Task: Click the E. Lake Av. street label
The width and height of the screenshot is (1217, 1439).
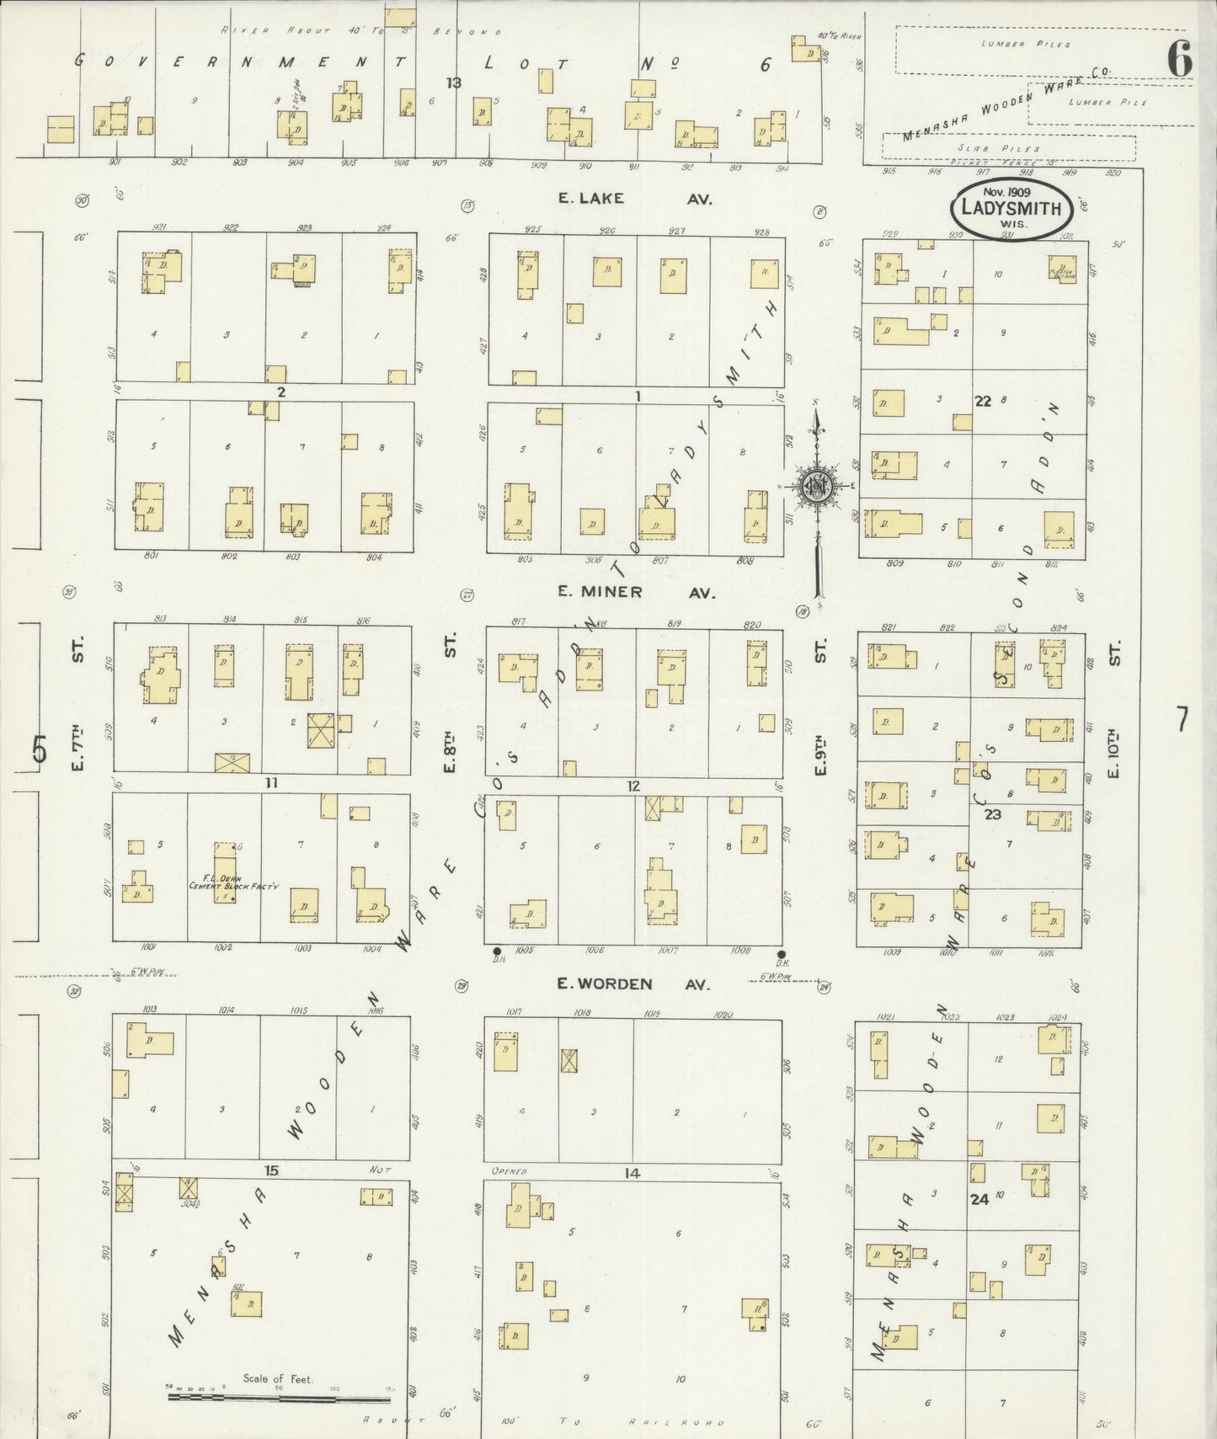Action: pyautogui.click(x=636, y=199)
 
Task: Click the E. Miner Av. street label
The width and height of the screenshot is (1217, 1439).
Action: pyautogui.click(x=636, y=592)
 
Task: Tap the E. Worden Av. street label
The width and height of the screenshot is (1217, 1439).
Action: pyautogui.click(x=633, y=983)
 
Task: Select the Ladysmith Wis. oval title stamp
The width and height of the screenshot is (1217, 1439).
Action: pyautogui.click(x=1011, y=208)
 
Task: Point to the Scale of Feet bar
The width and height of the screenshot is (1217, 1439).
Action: pyautogui.click(x=279, y=1399)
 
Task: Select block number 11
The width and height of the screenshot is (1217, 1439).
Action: pyautogui.click(x=271, y=783)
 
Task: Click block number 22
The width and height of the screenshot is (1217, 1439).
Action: pyautogui.click(x=982, y=402)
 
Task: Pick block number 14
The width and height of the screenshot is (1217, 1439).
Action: pyautogui.click(x=632, y=1173)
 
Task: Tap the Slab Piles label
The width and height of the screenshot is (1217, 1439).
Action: pyautogui.click(x=1008, y=148)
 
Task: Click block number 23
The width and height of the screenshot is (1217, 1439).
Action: pyautogui.click(x=992, y=814)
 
